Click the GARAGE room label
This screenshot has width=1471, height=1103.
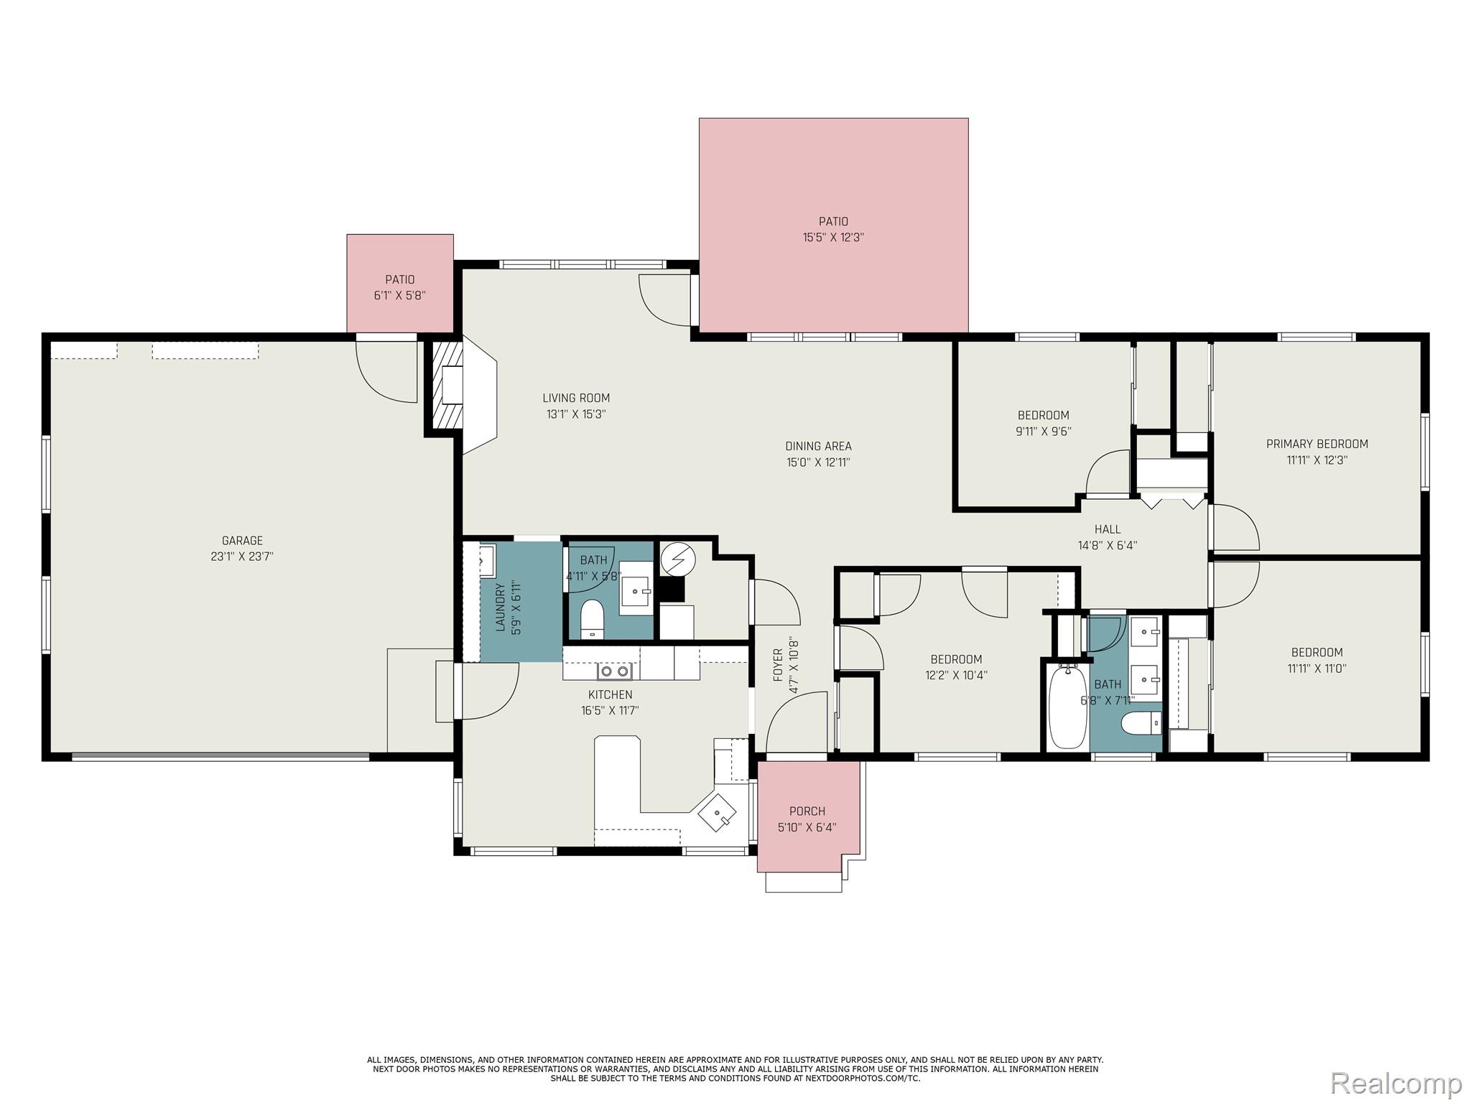(242, 541)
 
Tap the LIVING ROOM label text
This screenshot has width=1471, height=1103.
(576, 398)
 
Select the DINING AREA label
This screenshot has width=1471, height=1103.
(818, 446)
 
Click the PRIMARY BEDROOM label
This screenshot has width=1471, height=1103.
(1317, 444)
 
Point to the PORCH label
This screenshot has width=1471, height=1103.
(807, 811)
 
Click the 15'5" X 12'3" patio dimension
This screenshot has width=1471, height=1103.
(833, 237)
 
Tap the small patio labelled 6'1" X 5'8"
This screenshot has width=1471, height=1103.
(400, 283)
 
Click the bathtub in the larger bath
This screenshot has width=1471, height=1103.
(1067, 707)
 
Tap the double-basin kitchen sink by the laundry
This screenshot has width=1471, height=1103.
(614, 671)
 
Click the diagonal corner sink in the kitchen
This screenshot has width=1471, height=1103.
(718, 812)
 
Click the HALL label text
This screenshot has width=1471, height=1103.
(1108, 529)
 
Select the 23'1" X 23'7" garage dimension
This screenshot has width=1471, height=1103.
(242, 557)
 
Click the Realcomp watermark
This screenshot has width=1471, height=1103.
(1396, 1082)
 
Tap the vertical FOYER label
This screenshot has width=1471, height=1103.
(777, 666)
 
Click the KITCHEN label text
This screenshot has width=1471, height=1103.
(611, 694)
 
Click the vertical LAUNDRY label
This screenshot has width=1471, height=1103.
(501, 608)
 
